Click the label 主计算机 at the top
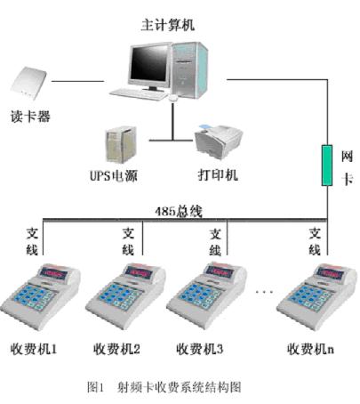click(x=168, y=25)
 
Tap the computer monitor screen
click(x=149, y=64)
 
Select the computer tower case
click(x=188, y=69)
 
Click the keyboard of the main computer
click(x=139, y=94)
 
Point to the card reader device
click(x=28, y=83)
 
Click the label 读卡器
click(x=30, y=117)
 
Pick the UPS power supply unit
click(x=121, y=145)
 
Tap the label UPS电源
click(x=114, y=176)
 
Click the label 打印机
click(x=218, y=174)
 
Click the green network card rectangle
click(x=327, y=166)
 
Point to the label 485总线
click(x=179, y=212)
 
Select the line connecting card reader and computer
click(x=77, y=81)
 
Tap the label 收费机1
click(x=34, y=349)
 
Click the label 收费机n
click(x=310, y=349)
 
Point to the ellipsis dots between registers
click(x=264, y=292)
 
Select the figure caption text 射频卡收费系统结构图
click(x=179, y=387)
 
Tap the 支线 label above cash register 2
click(x=128, y=242)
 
